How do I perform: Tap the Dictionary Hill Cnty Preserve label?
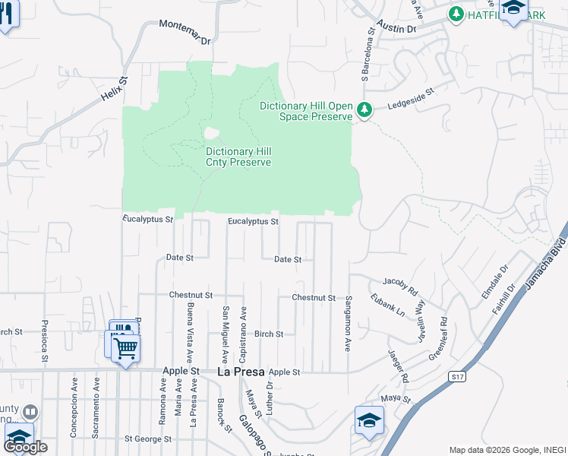tap(238, 157)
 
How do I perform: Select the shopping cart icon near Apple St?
tap(125, 349)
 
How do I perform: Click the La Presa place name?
tap(240, 372)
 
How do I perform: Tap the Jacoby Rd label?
tap(400, 286)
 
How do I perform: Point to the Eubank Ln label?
tap(387, 306)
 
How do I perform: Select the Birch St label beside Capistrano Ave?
tap(269, 334)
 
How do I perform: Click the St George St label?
tap(148, 439)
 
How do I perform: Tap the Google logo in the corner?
tap(25, 447)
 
